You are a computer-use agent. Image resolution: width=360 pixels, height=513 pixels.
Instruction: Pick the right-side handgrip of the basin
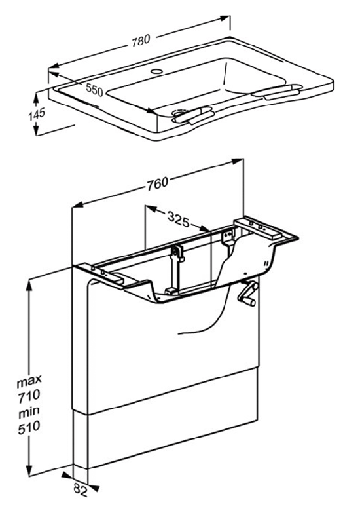click(x=274, y=92)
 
